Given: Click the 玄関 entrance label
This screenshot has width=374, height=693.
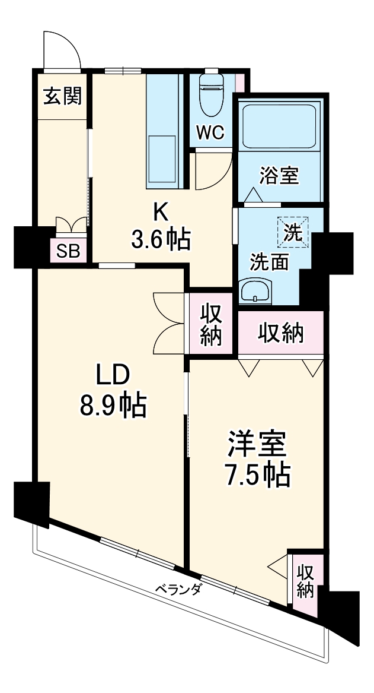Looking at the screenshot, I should click(x=62, y=96).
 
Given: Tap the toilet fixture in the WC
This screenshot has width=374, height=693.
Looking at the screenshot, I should click(x=210, y=95).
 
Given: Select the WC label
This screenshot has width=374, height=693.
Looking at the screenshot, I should click(x=210, y=133).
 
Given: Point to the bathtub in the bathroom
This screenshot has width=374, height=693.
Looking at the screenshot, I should click(x=279, y=125).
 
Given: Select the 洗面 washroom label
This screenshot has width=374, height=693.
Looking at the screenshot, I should click(x=268, y=261).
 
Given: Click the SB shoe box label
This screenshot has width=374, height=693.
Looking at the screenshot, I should click(x=68, y=251).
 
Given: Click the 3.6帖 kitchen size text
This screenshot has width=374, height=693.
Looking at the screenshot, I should click(x=161, y=239).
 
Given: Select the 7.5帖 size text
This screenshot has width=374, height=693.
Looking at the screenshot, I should click(x=258, y=474).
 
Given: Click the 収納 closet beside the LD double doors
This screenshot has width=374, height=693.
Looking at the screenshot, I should click(x=210, y=325).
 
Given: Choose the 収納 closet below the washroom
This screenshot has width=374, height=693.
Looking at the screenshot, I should click(x=281, y=333).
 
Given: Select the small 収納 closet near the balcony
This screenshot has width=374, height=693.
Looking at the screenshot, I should click(x=305, y=581).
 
